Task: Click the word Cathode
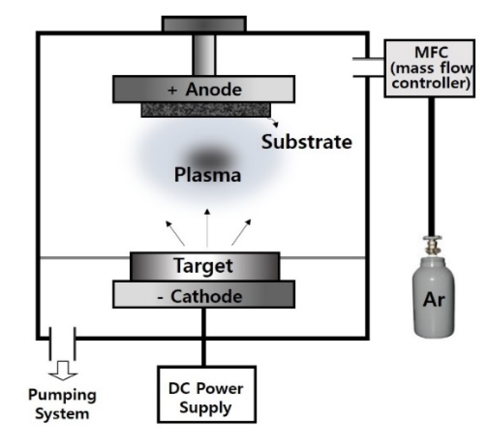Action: coord(206,296)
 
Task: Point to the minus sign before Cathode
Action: coord(160,297)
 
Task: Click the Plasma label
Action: coord(207,175)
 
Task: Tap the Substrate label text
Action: coord(307,142)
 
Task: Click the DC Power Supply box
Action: coord(206,394)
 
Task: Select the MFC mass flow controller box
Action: coord(429,68)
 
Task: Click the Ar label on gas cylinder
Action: coord(433,300)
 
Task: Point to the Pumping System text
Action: coord(62,404)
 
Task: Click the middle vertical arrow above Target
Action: coord(207,227)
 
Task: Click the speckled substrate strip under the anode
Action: coord(206,110)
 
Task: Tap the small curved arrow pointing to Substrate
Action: coord(274,122)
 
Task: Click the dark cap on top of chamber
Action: coord(204,24)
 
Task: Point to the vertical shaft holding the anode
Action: coord(204,55)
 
